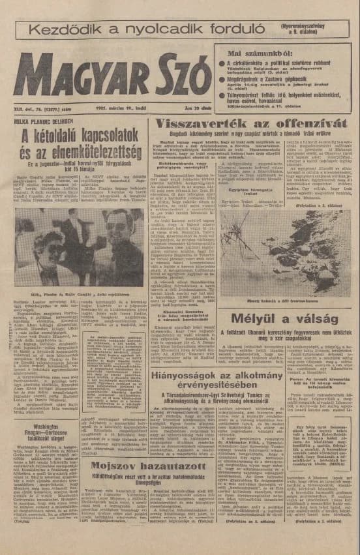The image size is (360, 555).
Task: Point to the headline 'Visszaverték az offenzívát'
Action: coord(250,124)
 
